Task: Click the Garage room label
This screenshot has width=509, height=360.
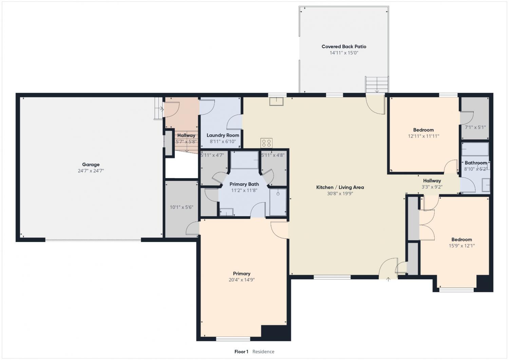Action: point(91,164)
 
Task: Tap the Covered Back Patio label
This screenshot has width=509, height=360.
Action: point(344,46)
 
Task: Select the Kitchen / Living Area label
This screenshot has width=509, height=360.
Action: point(340,187)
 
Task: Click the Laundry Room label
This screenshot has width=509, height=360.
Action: point(223,135)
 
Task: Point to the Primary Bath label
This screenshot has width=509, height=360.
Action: point(244,184)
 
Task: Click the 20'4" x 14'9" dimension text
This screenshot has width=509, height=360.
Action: point(242,280)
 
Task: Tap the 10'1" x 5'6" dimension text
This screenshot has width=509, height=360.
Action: point(182,207)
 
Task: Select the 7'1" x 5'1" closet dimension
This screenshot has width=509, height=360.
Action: point(475,127)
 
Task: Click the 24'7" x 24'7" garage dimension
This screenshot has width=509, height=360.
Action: point(91,171)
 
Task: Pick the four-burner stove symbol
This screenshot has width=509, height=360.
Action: point(266,143)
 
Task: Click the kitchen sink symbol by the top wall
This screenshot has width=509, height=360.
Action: point(276,101)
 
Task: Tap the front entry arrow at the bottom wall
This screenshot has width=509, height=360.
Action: point(388,279)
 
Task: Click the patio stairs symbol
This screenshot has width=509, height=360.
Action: point(377,84)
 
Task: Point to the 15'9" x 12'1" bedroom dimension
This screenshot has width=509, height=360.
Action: point(462,246)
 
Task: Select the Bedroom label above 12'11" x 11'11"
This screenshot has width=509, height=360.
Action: point(423,130)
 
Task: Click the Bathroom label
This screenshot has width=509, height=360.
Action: point(476,163)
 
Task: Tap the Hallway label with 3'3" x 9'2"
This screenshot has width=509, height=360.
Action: point(432,181)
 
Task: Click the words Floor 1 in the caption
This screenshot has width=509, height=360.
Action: point(241,352)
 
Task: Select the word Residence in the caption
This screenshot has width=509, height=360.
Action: point(263,352)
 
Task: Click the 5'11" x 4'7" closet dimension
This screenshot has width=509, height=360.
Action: point(212,155)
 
